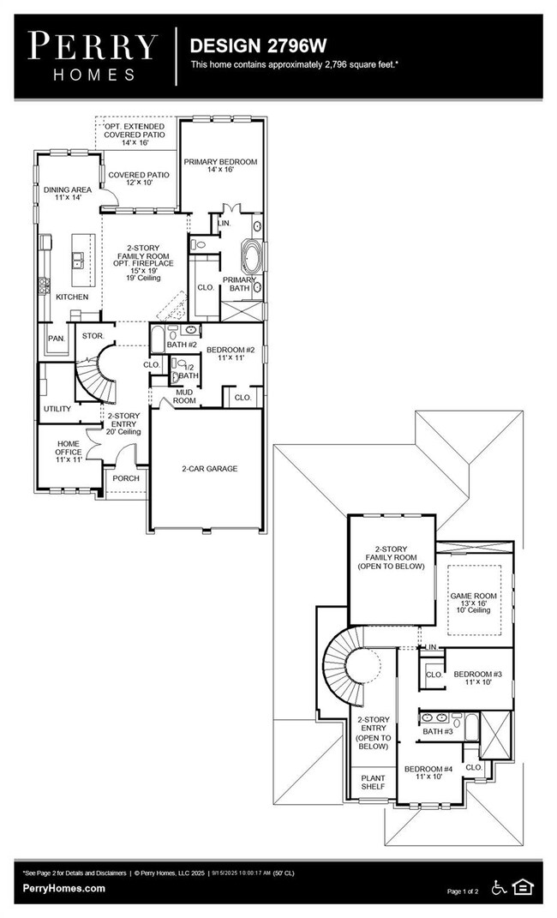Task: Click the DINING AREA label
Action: coord(68,194)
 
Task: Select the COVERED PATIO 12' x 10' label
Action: coord(138,179)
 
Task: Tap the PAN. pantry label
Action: coord(56,339)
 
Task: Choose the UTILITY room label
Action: coord(57,409)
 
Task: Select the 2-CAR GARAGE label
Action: coord(209,469)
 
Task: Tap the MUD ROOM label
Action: coord(185,396)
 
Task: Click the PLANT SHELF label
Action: coord(372,782)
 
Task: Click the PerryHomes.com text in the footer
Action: coord(64,888)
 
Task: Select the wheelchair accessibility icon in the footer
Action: coord(499,885)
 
